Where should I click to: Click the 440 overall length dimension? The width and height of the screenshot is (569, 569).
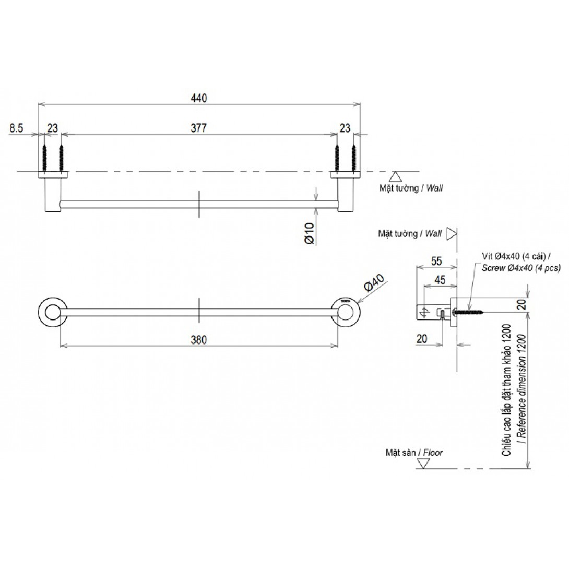199,98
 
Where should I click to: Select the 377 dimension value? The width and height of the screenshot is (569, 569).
199,128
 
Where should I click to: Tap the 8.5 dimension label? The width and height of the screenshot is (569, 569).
16,128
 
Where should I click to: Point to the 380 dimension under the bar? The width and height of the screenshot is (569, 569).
199,340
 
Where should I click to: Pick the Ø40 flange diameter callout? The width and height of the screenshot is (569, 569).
374,282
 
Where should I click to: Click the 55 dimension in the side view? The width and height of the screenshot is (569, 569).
436,261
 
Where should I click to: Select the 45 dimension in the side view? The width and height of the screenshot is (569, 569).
440,280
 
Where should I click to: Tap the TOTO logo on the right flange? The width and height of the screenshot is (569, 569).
343,301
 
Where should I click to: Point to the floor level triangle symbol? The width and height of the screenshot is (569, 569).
423,464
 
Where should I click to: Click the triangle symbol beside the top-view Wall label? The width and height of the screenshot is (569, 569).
395,176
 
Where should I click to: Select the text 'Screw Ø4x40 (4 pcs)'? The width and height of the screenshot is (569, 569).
521,268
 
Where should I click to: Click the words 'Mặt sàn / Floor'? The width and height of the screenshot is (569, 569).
414,453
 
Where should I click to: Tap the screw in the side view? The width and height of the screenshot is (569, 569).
469,311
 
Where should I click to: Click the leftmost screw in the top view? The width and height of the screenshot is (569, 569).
45,158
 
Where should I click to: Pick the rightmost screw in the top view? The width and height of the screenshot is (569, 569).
354,158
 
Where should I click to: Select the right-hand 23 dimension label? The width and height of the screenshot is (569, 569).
345,128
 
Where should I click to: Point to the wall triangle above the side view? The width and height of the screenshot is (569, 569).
451,234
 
